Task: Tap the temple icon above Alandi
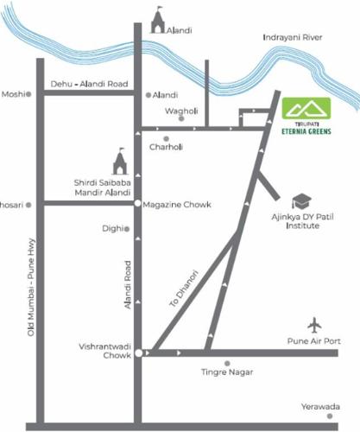(x=157, y=21)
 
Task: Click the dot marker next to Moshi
(x=28, y=94)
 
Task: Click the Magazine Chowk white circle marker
(x=137, y=203)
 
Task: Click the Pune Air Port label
(x=314, y=340)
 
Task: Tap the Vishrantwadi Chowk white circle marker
(x=137, y=353)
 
